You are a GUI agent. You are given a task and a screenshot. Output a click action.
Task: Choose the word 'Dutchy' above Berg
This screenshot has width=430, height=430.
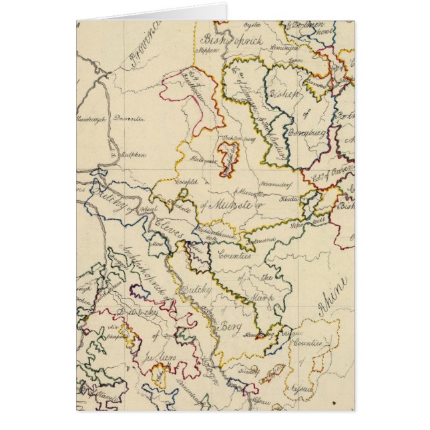pos(196,290)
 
